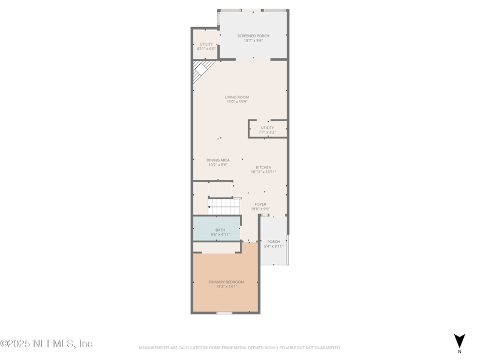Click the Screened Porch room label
253,36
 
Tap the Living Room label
237,97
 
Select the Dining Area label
218,160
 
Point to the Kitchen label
263,167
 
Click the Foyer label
260,205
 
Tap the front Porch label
274,242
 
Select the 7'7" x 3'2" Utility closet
268,129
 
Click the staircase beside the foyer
224,206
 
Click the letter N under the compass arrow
460,352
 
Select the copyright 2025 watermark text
47,344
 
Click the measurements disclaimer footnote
240,347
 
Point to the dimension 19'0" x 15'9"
237,102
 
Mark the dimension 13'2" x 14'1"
226,287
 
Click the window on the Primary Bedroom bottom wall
224,313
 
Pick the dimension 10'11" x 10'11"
263,172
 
